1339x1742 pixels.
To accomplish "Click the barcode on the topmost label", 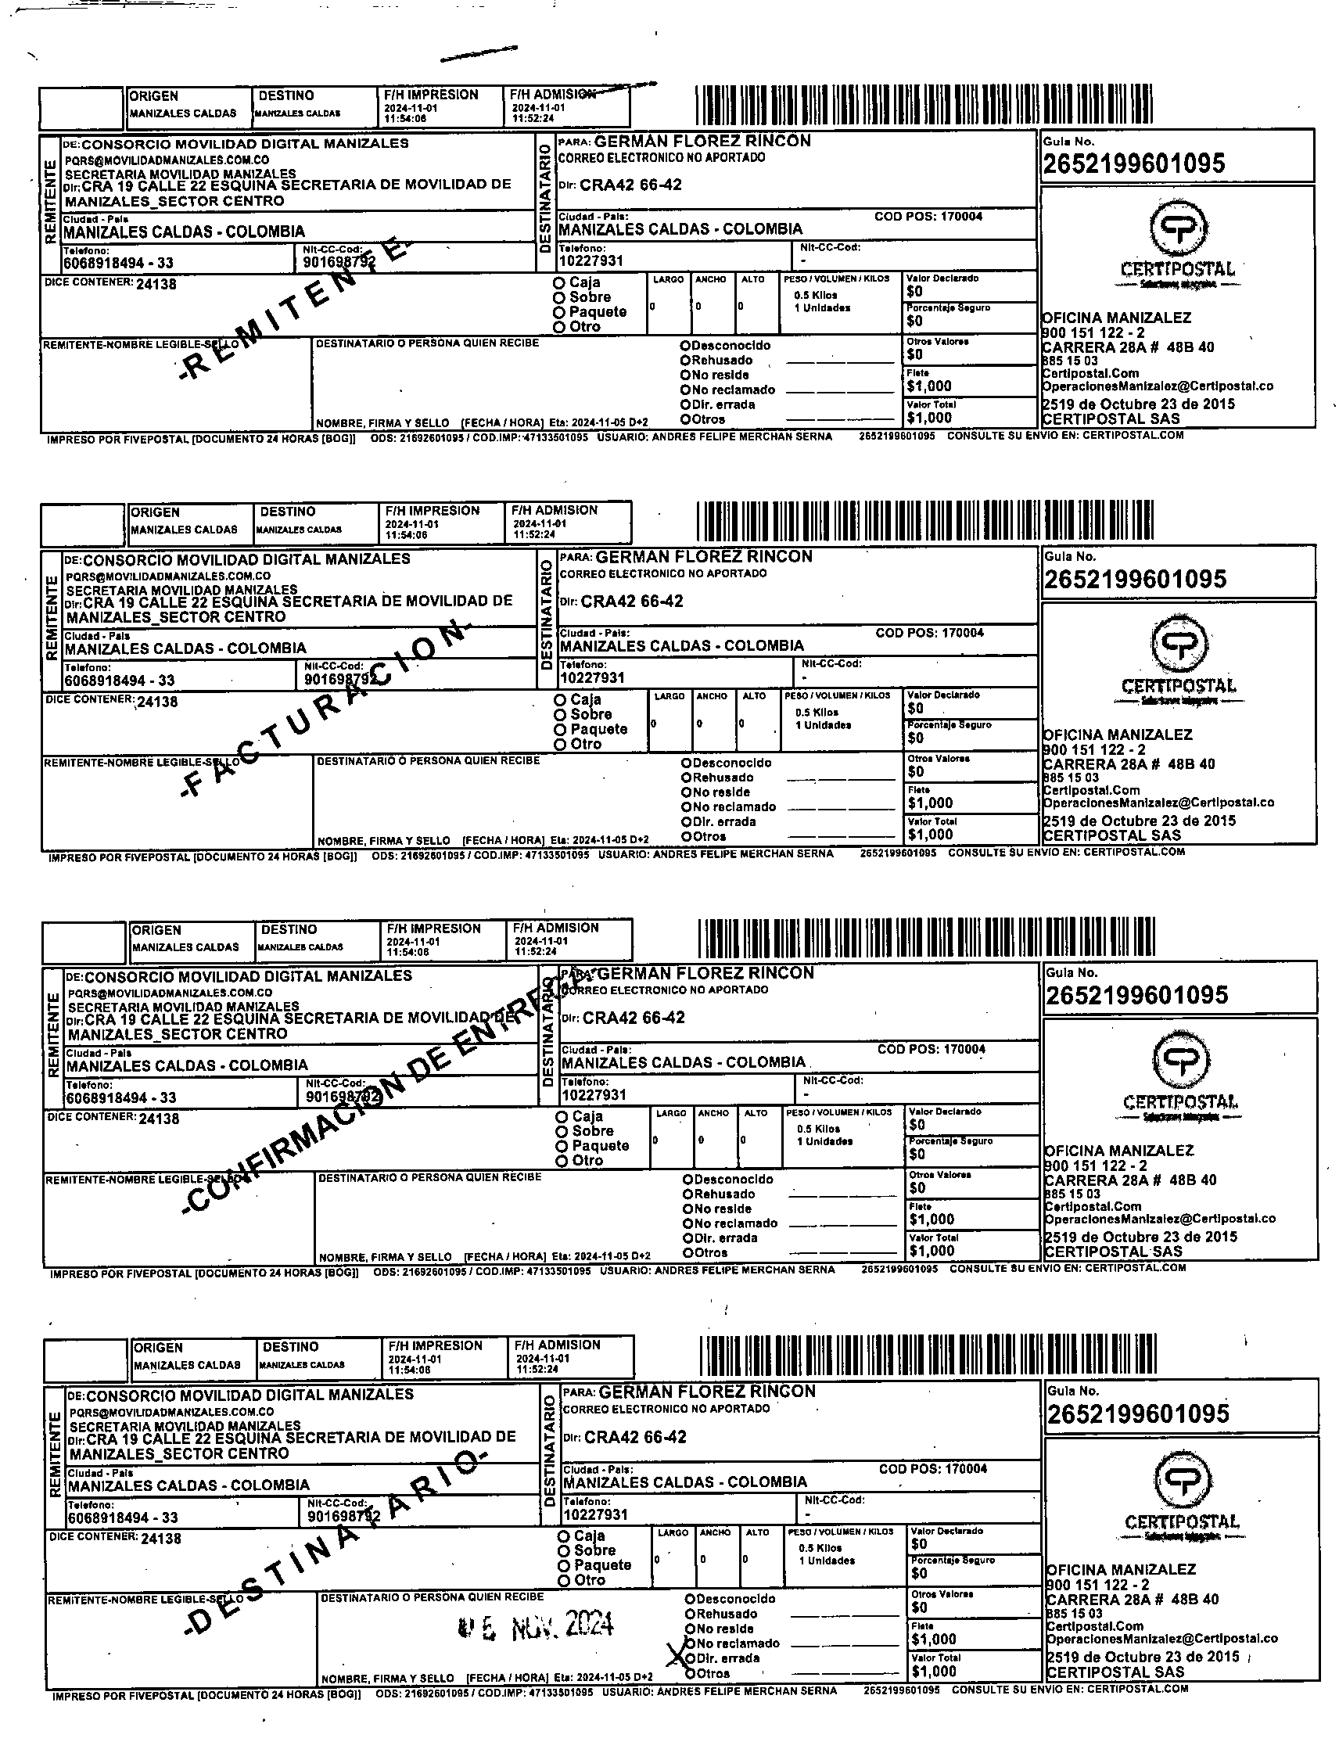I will pos(924,104).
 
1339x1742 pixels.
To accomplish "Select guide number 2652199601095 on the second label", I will pos(1135,580).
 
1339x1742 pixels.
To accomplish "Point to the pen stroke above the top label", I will pos(478,54).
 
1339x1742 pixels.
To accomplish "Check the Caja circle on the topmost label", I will pos(559,283).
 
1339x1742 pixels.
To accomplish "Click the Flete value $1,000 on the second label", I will pos(930,803).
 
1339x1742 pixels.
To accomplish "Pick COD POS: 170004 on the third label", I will pos(931,1050).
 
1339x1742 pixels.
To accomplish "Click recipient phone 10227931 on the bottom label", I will pos(595,1514).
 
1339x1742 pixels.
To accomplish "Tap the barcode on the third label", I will pos(926,938).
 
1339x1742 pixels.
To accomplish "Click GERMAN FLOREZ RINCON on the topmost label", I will pos(702,141).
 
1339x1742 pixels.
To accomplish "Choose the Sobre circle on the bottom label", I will pos(564,1550).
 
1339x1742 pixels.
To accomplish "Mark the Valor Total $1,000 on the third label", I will pos(932,1250).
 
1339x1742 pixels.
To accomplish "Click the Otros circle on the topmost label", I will pos(685,420).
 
